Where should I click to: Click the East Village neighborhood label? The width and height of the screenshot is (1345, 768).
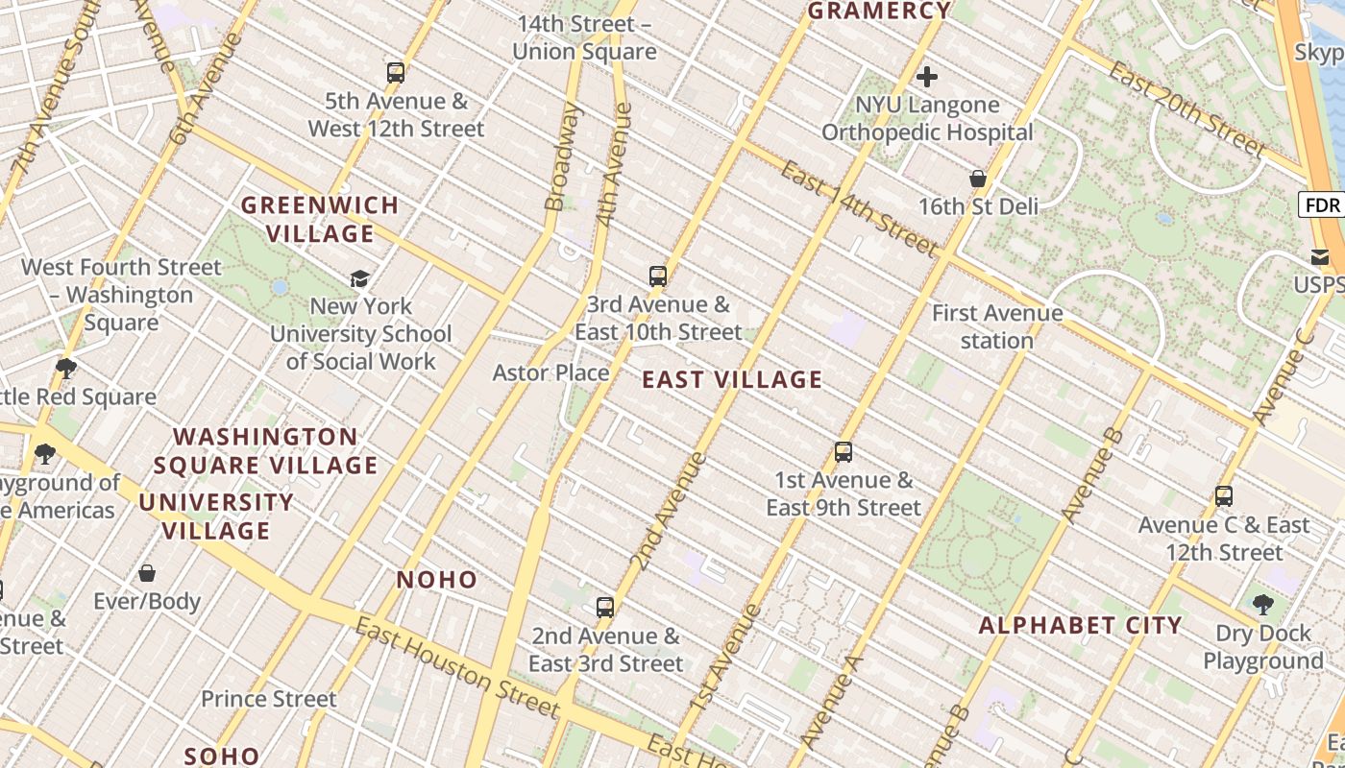[732, 380]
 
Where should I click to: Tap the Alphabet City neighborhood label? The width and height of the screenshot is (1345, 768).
[1080, 626]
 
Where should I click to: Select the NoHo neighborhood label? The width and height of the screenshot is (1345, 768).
[437, 580]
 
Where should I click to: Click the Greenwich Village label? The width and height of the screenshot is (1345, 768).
[320, 219]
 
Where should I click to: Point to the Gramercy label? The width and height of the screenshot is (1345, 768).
[879, 12]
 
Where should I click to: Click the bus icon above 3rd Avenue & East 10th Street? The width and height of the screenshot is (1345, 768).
[658, 276]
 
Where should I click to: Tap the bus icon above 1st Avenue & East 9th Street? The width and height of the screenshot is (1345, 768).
[844, 452]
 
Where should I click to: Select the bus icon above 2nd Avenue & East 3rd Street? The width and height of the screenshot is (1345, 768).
[605, 607]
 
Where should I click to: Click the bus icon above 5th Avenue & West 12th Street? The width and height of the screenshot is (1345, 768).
[396, 73]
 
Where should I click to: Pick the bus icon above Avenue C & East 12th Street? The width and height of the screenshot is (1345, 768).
[1224, 496]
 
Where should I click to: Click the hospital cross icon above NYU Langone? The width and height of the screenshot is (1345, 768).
[927, 77]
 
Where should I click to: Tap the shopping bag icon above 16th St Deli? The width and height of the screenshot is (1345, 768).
[978, 179]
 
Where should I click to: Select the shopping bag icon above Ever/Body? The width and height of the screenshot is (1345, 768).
[147, 573]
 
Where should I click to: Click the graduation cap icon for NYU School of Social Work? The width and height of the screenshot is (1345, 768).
[360, 278]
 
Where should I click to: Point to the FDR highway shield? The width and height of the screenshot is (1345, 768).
[1323, 204]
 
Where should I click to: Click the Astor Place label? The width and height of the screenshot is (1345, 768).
[550, 372]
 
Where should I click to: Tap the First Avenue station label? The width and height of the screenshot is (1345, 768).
[997, 326]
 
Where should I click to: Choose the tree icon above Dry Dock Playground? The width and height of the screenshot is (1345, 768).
[1263, 605]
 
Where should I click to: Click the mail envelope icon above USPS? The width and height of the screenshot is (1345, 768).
[1319, 256]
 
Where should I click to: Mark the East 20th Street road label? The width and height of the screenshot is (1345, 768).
[1187, 110]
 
